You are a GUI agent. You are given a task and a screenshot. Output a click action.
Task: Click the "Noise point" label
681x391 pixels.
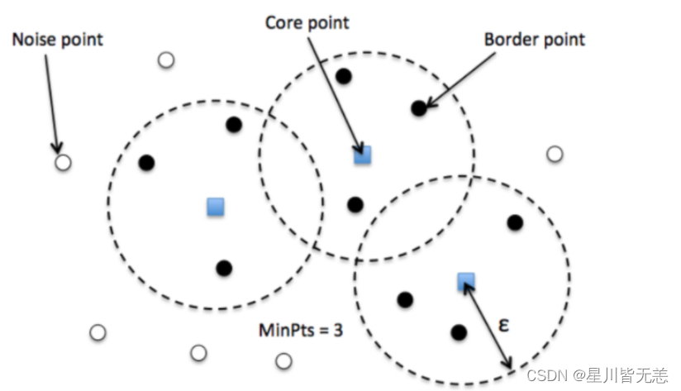(x=58, y=40)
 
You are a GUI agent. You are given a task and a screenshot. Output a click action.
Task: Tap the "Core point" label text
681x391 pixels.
(x=307, y=22)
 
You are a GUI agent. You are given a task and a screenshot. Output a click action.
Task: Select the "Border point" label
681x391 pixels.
(x=534, y=39)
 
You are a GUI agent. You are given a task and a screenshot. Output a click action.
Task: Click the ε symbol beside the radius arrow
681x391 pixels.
(x=503, y=325)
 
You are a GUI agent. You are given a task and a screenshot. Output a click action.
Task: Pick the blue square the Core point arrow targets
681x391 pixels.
(x=362, y=155)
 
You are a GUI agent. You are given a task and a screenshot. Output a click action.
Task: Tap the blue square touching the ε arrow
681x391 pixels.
(x=465, y=282)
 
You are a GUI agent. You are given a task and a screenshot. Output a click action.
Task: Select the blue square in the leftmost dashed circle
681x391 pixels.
(x=216, y=206)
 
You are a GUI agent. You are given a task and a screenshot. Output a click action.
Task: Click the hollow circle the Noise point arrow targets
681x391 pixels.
(x=63, y=162)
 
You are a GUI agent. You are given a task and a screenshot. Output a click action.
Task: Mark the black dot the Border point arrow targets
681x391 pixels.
(x=419, y=107)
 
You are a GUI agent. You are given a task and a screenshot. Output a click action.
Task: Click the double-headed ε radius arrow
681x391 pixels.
(x=488, y=326)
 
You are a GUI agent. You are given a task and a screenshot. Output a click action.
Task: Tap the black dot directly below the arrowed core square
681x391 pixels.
(x=355, y=204)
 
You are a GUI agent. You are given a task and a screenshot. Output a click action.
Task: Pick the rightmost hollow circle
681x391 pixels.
(x=555, y=154)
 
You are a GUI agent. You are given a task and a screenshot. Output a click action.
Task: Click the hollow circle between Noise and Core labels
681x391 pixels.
(x=166, y=60)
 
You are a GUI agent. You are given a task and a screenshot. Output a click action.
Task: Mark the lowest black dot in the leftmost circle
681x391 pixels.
(x=223, y=268)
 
